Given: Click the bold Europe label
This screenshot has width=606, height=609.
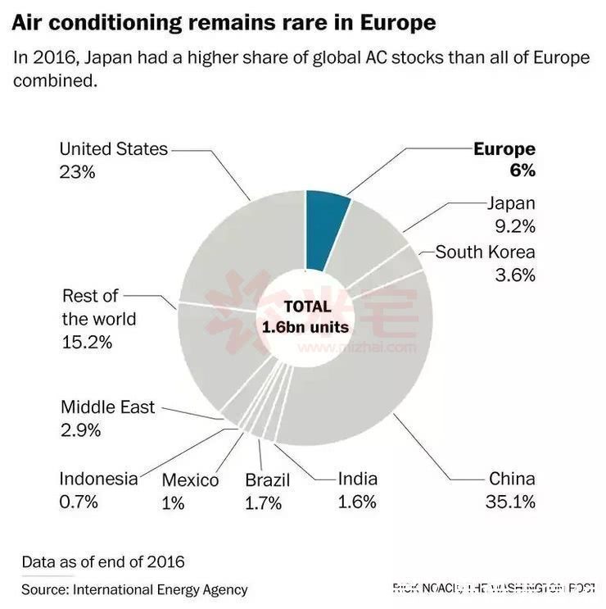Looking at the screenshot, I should tap(504, 149).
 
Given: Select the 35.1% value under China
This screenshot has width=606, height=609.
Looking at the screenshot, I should tap(513, 501).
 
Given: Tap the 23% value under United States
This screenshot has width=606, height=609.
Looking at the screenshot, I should tap(78, 172).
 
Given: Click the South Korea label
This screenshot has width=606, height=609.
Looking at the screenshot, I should tap(485, 252).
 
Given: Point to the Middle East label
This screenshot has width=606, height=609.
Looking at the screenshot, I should tap(107, 407).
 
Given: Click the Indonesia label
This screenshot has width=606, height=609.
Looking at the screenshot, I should tap(98, 479).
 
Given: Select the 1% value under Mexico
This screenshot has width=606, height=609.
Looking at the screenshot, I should tap(173, 502).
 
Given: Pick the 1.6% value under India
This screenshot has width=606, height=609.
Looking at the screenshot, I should tap(357, 502).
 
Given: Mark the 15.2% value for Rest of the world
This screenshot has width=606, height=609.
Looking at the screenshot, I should tap(87, 341).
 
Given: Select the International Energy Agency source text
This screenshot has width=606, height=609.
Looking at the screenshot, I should tap(161, 589).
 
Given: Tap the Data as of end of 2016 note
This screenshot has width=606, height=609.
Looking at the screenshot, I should tap(103, 562).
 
